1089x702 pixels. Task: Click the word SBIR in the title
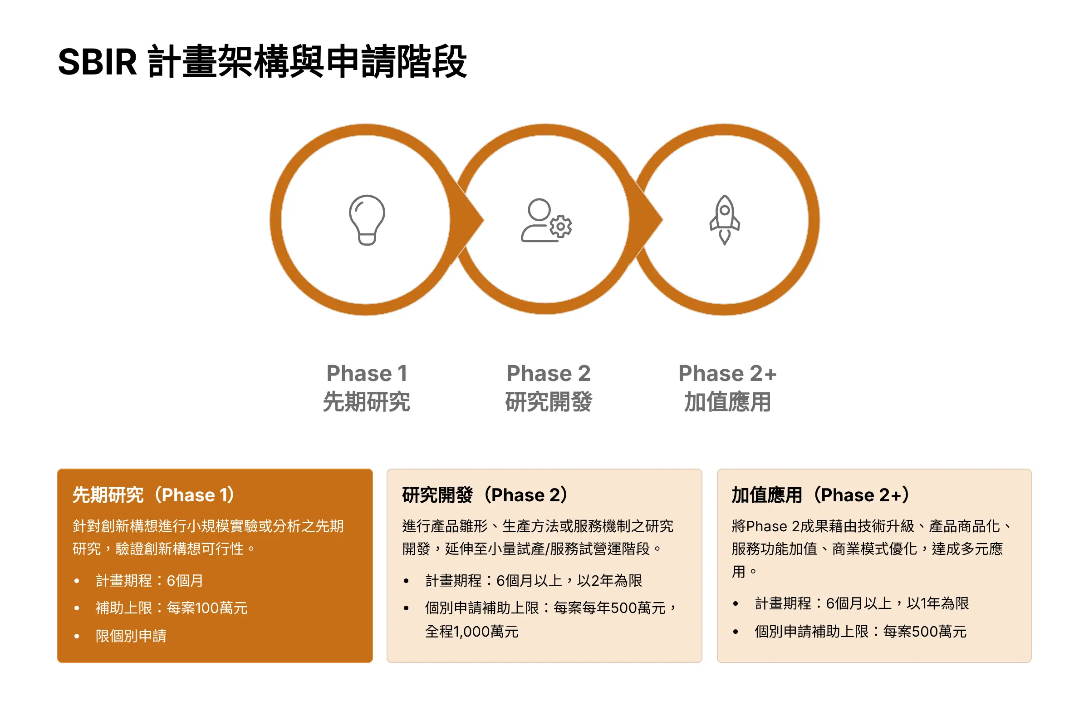[98, 62]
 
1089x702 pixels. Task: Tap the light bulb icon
[367, 220]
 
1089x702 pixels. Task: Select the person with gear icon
[546, 220]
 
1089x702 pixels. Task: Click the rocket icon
[724, 220]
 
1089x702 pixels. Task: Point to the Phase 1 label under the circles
[367, 373]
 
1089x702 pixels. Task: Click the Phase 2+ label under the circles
[727, 373]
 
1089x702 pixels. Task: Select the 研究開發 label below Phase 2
[549, 401]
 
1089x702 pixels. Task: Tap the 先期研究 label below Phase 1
[367, 401]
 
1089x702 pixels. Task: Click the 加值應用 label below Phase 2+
[727, 401]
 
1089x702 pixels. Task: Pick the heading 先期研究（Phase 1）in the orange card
[154, 495]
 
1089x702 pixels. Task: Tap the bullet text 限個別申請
[131, 636]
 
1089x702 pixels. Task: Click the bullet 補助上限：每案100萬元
[172, 608]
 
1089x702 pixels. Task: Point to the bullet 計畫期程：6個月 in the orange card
[149, 580]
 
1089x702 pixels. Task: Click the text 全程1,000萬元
[472, 631]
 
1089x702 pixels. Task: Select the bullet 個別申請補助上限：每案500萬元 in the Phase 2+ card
[860, 631]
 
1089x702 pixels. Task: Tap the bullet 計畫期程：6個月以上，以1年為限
[862, 603]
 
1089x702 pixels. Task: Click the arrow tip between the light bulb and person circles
[483, 220]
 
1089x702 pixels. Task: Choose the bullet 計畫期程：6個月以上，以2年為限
[534, 580]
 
